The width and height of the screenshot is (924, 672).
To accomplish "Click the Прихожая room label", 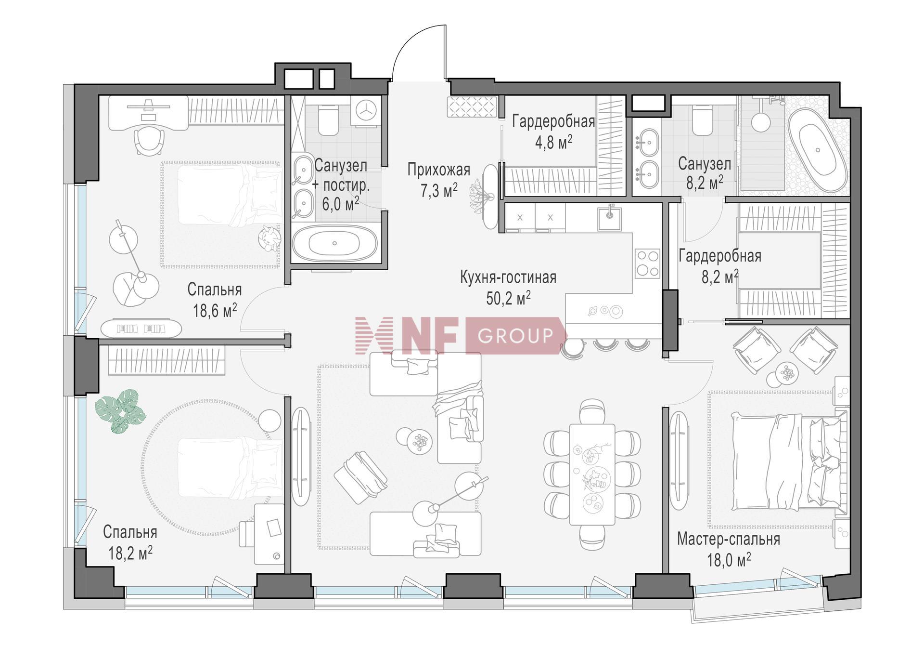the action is pos(438,170).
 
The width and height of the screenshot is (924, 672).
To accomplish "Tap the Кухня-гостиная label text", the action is pos(508,277).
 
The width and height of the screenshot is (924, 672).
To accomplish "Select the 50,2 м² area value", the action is pos(508,298).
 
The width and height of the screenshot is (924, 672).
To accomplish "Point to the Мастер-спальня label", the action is pos(728,539).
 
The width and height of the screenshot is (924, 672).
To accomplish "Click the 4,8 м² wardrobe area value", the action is pos(553,142).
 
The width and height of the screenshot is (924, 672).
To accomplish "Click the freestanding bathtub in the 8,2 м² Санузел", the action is pos(818,150).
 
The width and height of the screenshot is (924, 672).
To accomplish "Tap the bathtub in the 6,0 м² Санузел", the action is pos(335,243).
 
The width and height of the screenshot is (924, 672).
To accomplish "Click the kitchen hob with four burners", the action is pos(647,264).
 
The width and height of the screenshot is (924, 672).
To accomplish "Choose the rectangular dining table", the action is pos(592,474).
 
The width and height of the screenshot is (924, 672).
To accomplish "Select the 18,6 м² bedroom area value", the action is pos(215,311).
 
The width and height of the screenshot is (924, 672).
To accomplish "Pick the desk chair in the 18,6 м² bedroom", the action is pos(149,141).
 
